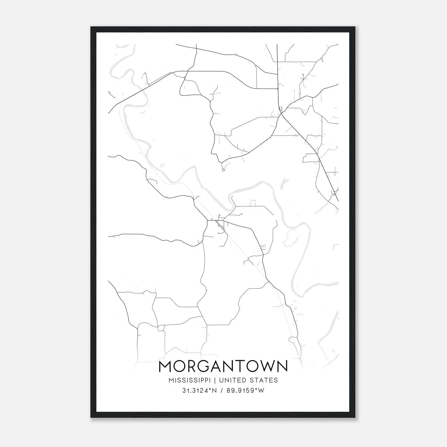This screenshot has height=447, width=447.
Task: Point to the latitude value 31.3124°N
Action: (199, 391)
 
